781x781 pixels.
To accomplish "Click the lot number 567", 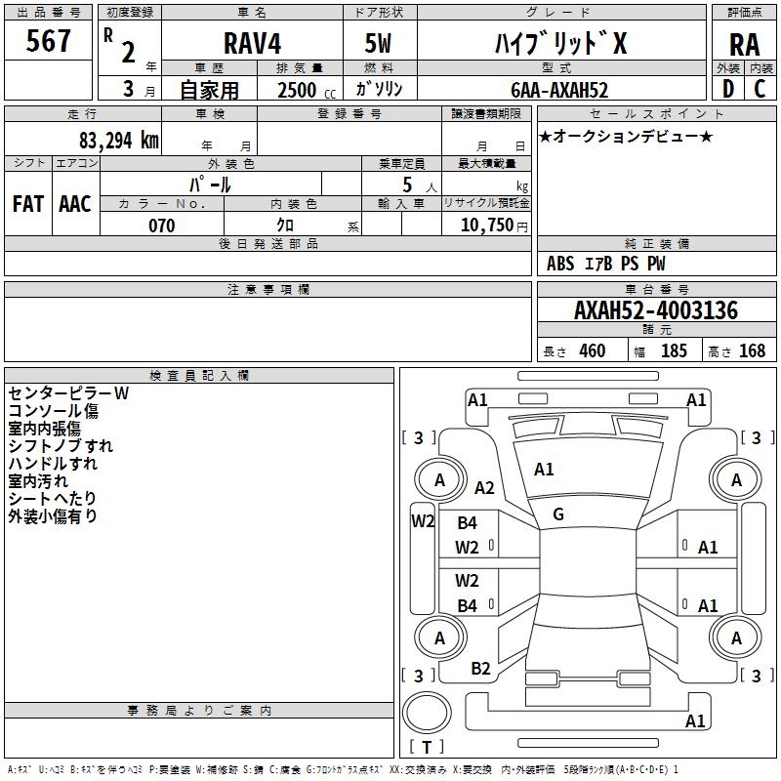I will coord(50,42).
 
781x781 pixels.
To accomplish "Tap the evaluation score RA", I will coord(744,45).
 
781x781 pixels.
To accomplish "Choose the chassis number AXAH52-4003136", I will coord(656,311).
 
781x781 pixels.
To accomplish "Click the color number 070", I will coord(161,226).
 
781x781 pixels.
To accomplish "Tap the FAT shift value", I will coord(27,203).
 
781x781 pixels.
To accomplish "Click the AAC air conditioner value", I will coord(75,203).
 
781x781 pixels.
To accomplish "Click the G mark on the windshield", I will coord(558,514).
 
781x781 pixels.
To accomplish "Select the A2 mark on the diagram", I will coord(484,488).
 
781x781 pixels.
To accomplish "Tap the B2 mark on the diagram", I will coord(481,668).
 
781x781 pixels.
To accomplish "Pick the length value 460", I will coord(592,351).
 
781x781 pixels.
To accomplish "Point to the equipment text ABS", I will coord(560,264).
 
